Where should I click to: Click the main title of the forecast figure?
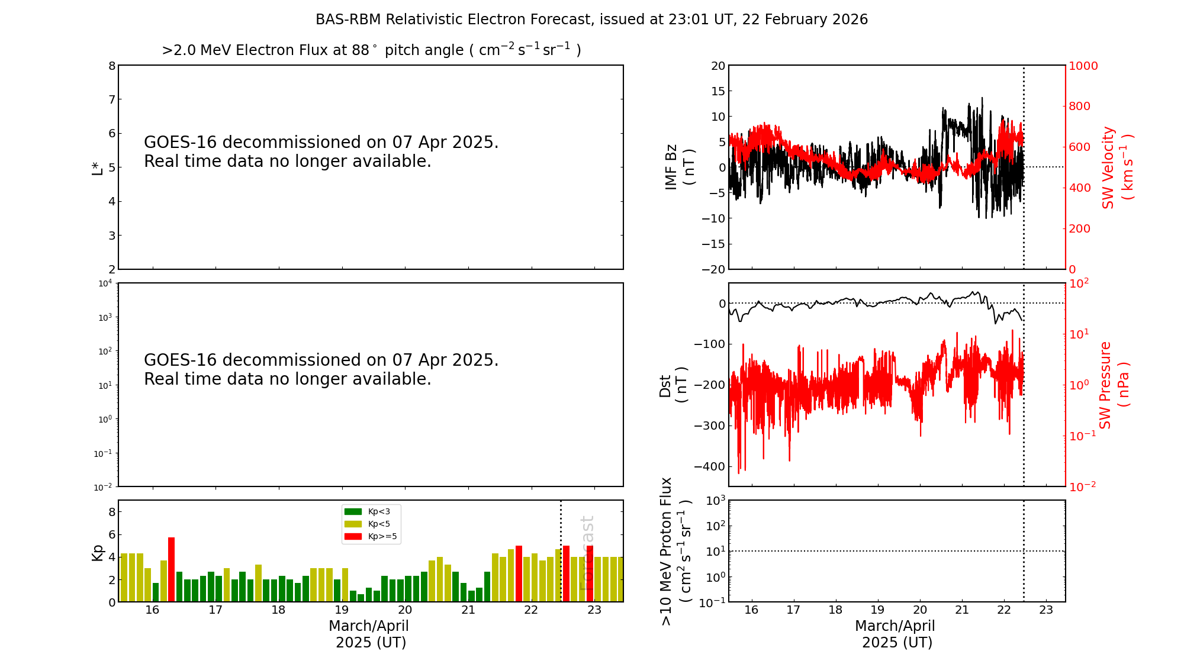591,20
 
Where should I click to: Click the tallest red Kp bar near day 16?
171,569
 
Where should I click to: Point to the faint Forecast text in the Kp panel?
587,553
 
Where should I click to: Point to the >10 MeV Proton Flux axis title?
675,551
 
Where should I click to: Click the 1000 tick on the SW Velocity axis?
1083,66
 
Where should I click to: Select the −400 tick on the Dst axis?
709,466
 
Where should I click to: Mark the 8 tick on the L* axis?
112,66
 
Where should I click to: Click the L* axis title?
97,167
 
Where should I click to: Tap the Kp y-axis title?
97,552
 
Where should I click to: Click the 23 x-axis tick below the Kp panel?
594,610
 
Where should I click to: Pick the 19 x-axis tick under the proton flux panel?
877,610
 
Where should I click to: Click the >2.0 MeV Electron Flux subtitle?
371,50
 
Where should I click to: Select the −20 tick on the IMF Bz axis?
713,269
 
